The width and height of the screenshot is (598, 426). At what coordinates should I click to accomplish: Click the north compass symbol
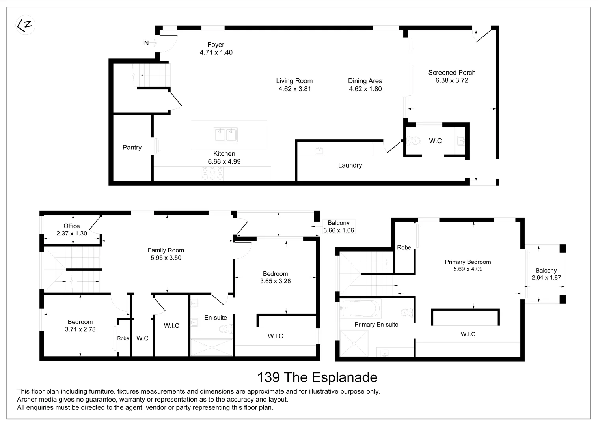pyautogui.click(x=25, y=25)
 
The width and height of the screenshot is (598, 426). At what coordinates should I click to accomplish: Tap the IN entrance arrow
pyautogui.click(x=153, y=43)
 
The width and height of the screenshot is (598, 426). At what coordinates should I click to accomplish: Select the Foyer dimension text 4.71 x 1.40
pyautogui.click(x=216, y=52)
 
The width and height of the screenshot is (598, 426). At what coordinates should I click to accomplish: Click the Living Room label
pyautogui.click(x=294, y=81)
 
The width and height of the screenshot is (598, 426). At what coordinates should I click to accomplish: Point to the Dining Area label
pyautogui.click(x=365, y=81)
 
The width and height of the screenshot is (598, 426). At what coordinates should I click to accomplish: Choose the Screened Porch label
pyautogui.click(x=452, y=72)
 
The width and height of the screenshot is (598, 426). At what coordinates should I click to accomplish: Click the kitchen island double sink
pyautogui.click(x=225, y=135)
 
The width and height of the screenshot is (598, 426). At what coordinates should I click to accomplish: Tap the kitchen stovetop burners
pyautogui.click(x=212, y=174)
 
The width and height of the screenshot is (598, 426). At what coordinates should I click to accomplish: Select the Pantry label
pyautogui.click(x=132, y=148)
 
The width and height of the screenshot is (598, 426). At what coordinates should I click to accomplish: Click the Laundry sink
pyautogui.click(x=319, y=151)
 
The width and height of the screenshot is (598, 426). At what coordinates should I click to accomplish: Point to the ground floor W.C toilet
pyautogui.click(x=413, y=140)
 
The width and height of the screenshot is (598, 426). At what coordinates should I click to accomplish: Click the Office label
pyautogui.click(x=71, y=226)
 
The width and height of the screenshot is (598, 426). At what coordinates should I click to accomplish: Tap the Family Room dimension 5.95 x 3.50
pyautogui.click(x=166, y=258)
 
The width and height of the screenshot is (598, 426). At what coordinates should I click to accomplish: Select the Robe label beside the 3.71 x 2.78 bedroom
pyautogui.click(x=123, y=338)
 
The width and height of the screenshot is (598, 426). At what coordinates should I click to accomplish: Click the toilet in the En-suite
pyautogui.click(x=226, y=329)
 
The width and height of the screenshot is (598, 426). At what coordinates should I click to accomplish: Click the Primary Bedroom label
pyautogui.click(x=468, y=262)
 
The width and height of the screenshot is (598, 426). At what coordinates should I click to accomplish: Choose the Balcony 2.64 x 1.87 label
pyautogui.click(x=546, y=274)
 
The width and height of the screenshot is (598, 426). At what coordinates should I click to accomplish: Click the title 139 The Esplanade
pyautogui.click(x=317, y=377)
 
